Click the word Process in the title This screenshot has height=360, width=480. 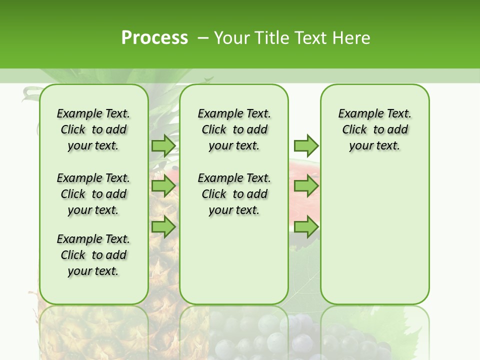click(154, 37)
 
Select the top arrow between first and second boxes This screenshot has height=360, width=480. click(163, 145)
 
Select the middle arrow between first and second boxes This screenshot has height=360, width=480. click(163, 186)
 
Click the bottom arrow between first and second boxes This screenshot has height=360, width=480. click(163, 226)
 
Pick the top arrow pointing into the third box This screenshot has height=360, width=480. click(305, 145)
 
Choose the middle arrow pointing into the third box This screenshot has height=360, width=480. click(305, 186)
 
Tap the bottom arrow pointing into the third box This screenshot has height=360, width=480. click(305, 226)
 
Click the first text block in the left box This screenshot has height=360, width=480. click(93, 129)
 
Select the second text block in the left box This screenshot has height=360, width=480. click(93, 194)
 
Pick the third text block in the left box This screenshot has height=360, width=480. click(93, 255)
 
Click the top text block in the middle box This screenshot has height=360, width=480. click(234, 129)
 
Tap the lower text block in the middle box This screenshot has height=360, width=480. click(234, 194)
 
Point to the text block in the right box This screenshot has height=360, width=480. click(374, 129)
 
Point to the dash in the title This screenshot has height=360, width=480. click(203, 38)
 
